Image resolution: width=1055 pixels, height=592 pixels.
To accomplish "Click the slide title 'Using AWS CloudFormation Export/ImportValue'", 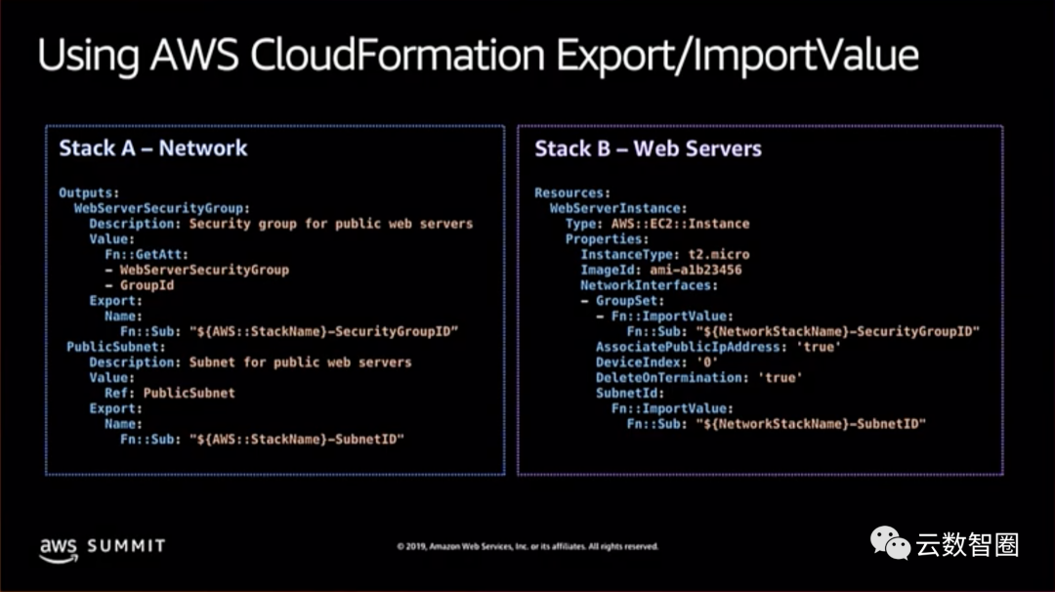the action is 478,56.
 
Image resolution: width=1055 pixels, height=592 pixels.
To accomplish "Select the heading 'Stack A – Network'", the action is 153,148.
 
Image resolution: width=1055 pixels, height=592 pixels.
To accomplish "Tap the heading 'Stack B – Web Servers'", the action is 648,148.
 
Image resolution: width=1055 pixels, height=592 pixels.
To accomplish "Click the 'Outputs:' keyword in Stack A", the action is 89,192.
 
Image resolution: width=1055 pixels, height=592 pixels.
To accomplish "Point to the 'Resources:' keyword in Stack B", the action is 572,192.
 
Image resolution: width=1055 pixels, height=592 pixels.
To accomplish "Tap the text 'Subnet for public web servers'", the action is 300,361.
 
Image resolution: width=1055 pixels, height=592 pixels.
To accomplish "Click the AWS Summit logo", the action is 102,546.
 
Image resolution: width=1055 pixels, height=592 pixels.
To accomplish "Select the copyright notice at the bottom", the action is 527,547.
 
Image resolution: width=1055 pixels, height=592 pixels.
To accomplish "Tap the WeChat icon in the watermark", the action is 890,543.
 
